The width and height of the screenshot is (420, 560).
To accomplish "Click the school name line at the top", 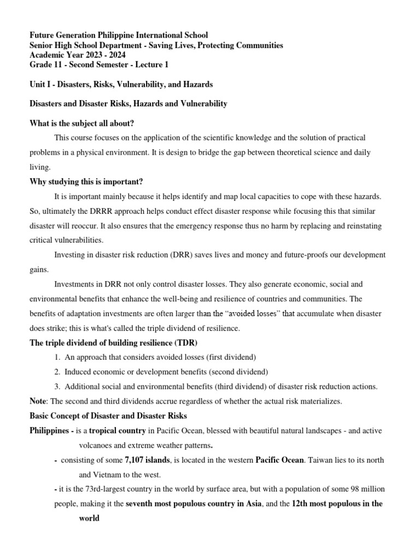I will [x=119, y=35].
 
